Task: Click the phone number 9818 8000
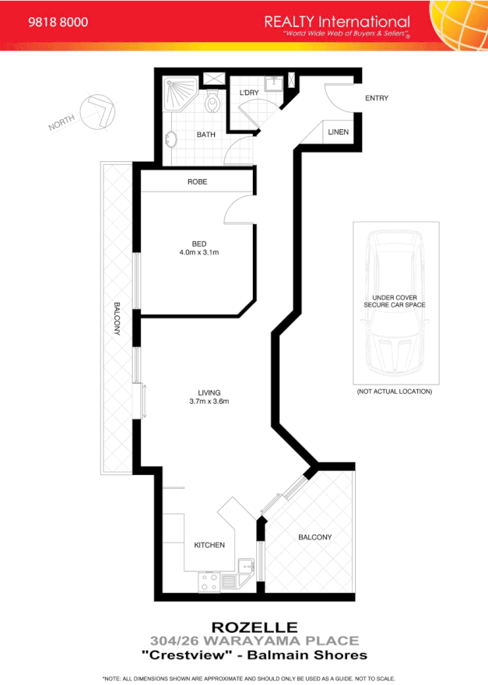click(58, 23)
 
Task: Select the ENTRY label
click(377, 98)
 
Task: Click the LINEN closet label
click(338, 132)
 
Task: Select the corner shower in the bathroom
click(178, 95)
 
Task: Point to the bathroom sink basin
click(172, 140)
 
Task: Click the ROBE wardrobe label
click(197, 182)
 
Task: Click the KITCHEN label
click(209, 545)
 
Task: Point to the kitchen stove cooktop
click(209, 581)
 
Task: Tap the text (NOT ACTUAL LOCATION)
click(394, 392)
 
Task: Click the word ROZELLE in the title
click(244, 627)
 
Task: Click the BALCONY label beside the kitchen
click(314, 537)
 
